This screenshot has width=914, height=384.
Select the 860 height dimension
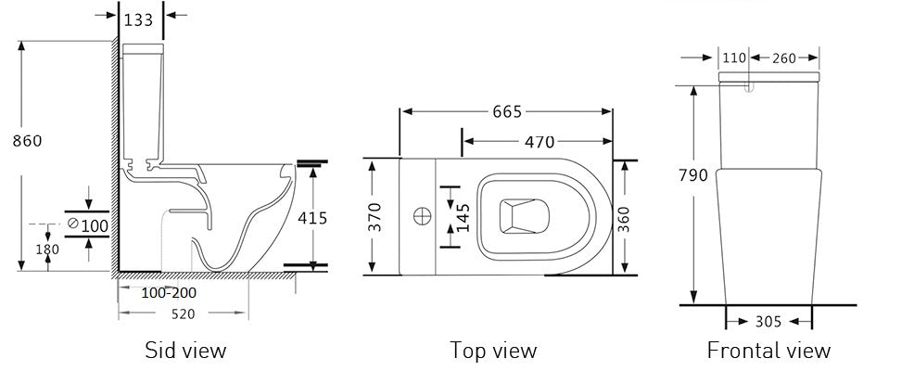tap(28, 141)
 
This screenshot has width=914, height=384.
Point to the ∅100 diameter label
tap(88, 224)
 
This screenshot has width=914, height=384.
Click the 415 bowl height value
tap(312, 218)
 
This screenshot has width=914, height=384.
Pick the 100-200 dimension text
tap(169, 293)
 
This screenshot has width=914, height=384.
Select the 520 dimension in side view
tap(183, 314)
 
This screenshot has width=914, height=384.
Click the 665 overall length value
tap(506, 112)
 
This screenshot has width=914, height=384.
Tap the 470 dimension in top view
tap(539, 142)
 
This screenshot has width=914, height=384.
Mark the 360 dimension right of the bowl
tap(626, 216)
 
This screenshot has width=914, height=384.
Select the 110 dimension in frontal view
tap(734, 58)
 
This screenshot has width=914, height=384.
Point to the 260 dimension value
tap(783, 58)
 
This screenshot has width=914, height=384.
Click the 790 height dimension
tap(694, 175)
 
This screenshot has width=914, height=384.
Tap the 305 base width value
tap(768, 322)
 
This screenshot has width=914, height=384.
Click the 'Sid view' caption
tap(184, 351)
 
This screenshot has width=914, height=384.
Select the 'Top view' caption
tap(493, 351)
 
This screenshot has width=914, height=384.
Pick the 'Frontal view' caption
tap(768, 351)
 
